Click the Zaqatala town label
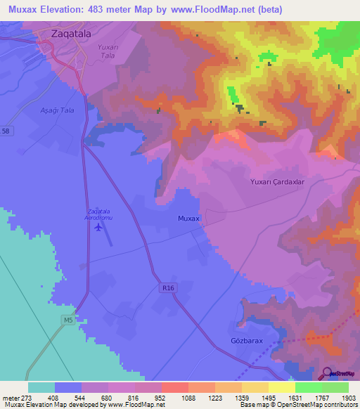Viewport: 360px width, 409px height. tap(70, 33)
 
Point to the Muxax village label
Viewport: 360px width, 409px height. tap(188, 219)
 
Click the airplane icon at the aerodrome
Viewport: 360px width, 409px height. tap(98, 226)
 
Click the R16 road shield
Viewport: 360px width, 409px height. tap(166, 287)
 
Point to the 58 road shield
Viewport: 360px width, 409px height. tap(6, 131)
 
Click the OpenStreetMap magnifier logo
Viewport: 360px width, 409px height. tap(326, 373)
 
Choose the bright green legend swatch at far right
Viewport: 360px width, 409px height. tap(335, 387)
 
